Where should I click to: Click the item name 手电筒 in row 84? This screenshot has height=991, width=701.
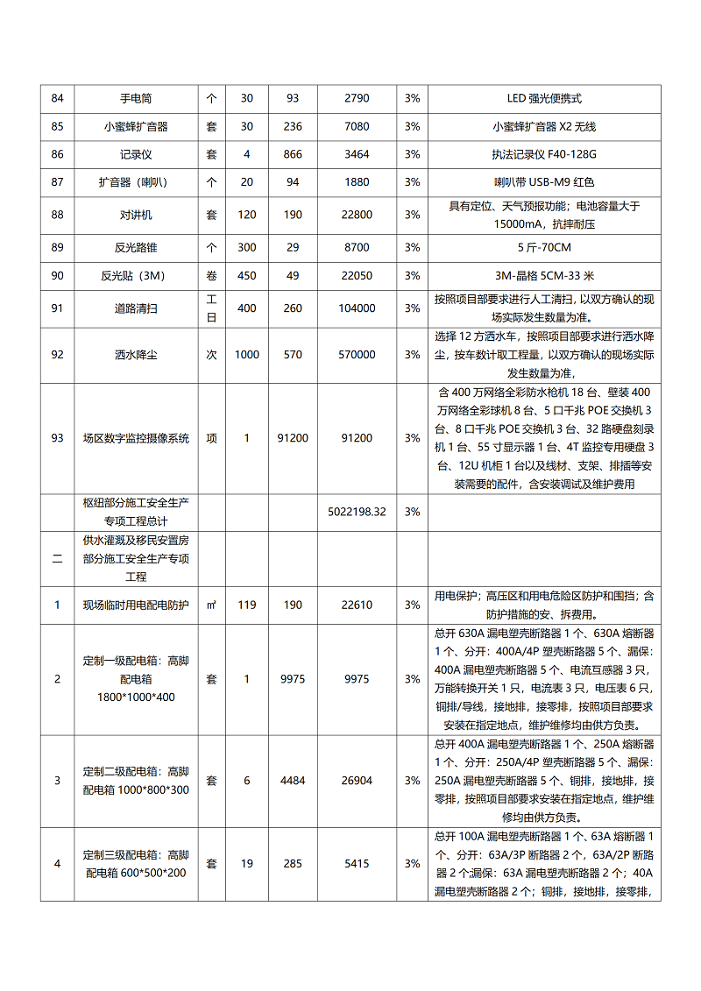pos(136,98)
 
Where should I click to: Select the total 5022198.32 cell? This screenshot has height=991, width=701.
pos(357,512)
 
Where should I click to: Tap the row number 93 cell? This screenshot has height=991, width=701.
pos(57,438)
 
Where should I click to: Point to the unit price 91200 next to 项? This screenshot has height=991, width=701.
pos(293,438)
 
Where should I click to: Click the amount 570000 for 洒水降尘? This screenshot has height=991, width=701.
pos(357,355)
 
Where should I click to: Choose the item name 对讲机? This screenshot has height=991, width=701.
pos(136,215)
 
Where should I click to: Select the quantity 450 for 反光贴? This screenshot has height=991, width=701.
pos(247,275)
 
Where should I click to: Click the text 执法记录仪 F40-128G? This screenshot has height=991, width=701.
pos(544,154)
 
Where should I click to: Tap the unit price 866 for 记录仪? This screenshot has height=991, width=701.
pos(293,154)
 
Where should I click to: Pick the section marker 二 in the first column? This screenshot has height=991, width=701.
pos(57,558)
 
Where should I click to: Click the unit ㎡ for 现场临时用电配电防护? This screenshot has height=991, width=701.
pos(211,605)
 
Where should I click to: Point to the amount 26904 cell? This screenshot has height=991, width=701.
pos(357,781)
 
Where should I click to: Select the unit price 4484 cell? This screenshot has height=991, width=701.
pos(293,781)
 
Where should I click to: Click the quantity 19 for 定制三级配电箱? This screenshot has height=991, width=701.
pos(247,864)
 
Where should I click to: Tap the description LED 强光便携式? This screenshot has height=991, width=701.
pos(544,98)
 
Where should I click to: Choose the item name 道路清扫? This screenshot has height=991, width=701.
pos(136,308)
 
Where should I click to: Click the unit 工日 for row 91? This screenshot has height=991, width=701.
pos(211,308)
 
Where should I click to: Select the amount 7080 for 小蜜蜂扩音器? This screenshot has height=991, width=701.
pos(357,126)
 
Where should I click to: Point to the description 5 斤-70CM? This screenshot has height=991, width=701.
pos(544,247)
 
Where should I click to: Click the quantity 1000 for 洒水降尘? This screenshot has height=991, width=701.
pos(247,355)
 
